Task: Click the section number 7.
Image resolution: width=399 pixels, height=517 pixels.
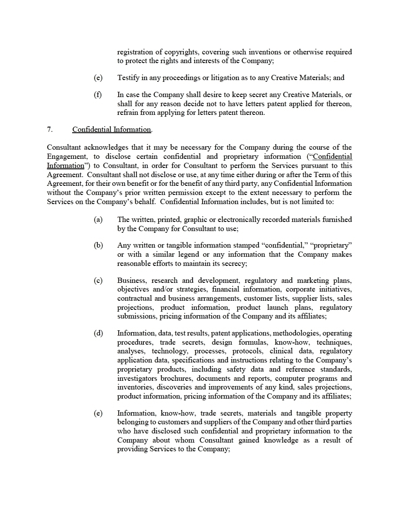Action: (x=50, y=130)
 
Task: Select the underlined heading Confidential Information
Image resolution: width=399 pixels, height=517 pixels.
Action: (x=112, y=130)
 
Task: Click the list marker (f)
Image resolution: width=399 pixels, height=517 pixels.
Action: (x=98, y=95)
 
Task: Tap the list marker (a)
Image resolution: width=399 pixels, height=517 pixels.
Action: (x=98, y=220)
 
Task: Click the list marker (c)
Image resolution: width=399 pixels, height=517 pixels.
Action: (x=98, y=281)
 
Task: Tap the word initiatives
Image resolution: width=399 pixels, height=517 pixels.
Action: (x=334, y=289)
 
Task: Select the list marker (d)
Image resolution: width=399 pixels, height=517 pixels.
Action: (x=98, y=333)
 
